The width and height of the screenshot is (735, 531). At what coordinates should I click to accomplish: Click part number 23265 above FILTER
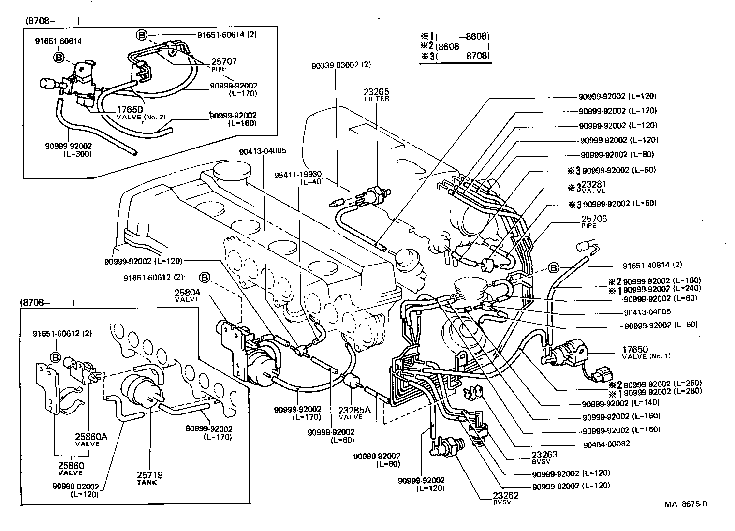(x=376, y=91)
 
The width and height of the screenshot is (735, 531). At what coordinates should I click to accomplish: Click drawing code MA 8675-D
(x=686, y=504)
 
